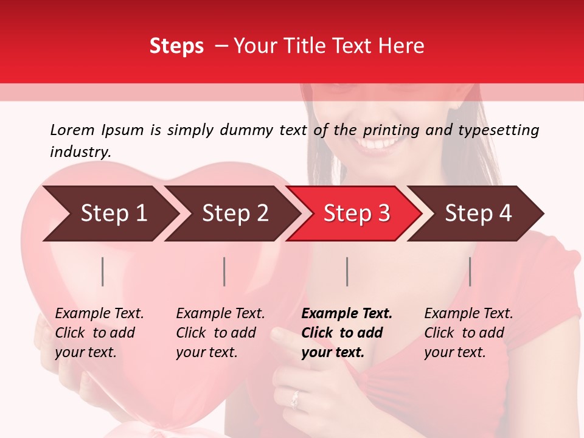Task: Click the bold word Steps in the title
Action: (176, 46)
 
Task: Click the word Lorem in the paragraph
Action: (72, 130)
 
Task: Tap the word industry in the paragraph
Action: (80, 151)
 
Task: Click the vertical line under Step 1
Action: (103, 271)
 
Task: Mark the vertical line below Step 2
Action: (224, 271)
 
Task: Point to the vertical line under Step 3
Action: (347, 271)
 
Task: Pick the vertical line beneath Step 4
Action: (470, 271)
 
